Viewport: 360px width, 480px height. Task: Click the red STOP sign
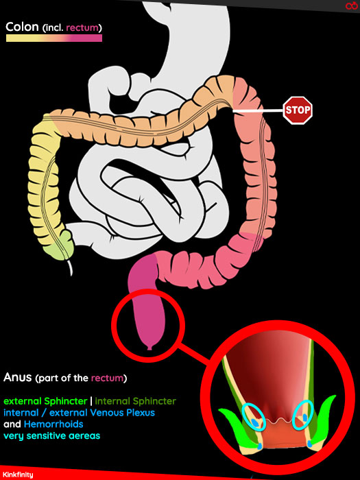pos(298,110)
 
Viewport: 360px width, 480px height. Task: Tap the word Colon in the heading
pos(22,27)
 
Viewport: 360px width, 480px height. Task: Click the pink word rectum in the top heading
pos(82,28)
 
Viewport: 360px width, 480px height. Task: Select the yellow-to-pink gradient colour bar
pos(54,38)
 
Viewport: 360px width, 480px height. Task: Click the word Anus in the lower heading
pos(17,377)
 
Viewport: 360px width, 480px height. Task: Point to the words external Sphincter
pos(45,401)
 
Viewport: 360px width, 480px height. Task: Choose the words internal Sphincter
pos(135,401)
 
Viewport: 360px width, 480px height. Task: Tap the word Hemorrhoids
pos(53,424)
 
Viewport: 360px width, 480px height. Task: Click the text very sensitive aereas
pos(51,435)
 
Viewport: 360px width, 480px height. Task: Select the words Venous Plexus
pos(117,413)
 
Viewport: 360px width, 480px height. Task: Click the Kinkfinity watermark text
pos(17,475)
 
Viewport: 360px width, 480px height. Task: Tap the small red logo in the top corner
pos(351,5)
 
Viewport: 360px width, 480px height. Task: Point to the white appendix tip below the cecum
pos(71,268)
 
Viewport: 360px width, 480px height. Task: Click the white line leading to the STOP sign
pos(258,111)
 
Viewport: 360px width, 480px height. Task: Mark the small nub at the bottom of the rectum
pos(149,348)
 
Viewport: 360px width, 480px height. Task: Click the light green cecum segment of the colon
pos(60,246)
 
